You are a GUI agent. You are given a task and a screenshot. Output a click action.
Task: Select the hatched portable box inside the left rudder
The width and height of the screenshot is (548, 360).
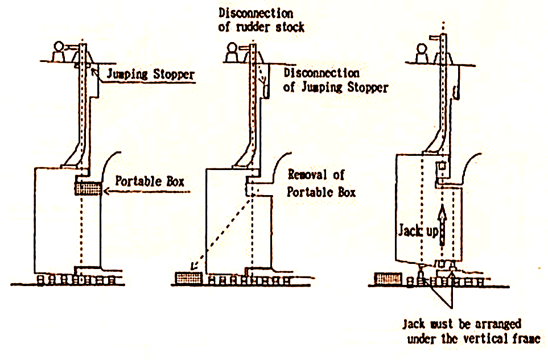tap(88, 188)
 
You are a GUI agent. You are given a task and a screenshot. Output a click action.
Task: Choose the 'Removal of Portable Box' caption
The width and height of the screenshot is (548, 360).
tap(322, 183)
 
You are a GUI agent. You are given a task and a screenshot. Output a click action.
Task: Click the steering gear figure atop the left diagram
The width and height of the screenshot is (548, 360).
tap(60, 52)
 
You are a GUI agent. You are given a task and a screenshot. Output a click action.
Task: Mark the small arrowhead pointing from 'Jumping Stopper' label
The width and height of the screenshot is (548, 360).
tap(96, 69)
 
